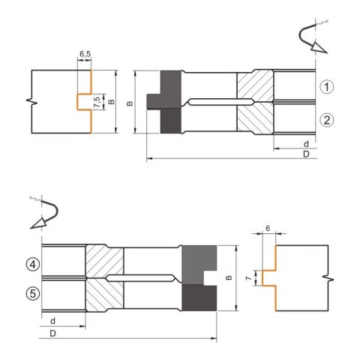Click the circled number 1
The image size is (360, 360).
(x=327, y=87)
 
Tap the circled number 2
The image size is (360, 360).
(x=327, y=120)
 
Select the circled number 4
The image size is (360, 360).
(x=33, y=264)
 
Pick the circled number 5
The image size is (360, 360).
(x=33, y=293)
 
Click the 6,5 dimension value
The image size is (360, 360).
(x=85, y=54)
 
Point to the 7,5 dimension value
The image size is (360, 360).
(x=97, y=102)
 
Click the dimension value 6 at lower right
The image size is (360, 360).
(x=268, y=228)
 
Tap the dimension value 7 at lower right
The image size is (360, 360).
(x=248, y=278)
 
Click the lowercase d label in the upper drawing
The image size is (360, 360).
(x=306, y=144)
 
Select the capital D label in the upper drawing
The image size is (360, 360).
(x=306, y=154)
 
